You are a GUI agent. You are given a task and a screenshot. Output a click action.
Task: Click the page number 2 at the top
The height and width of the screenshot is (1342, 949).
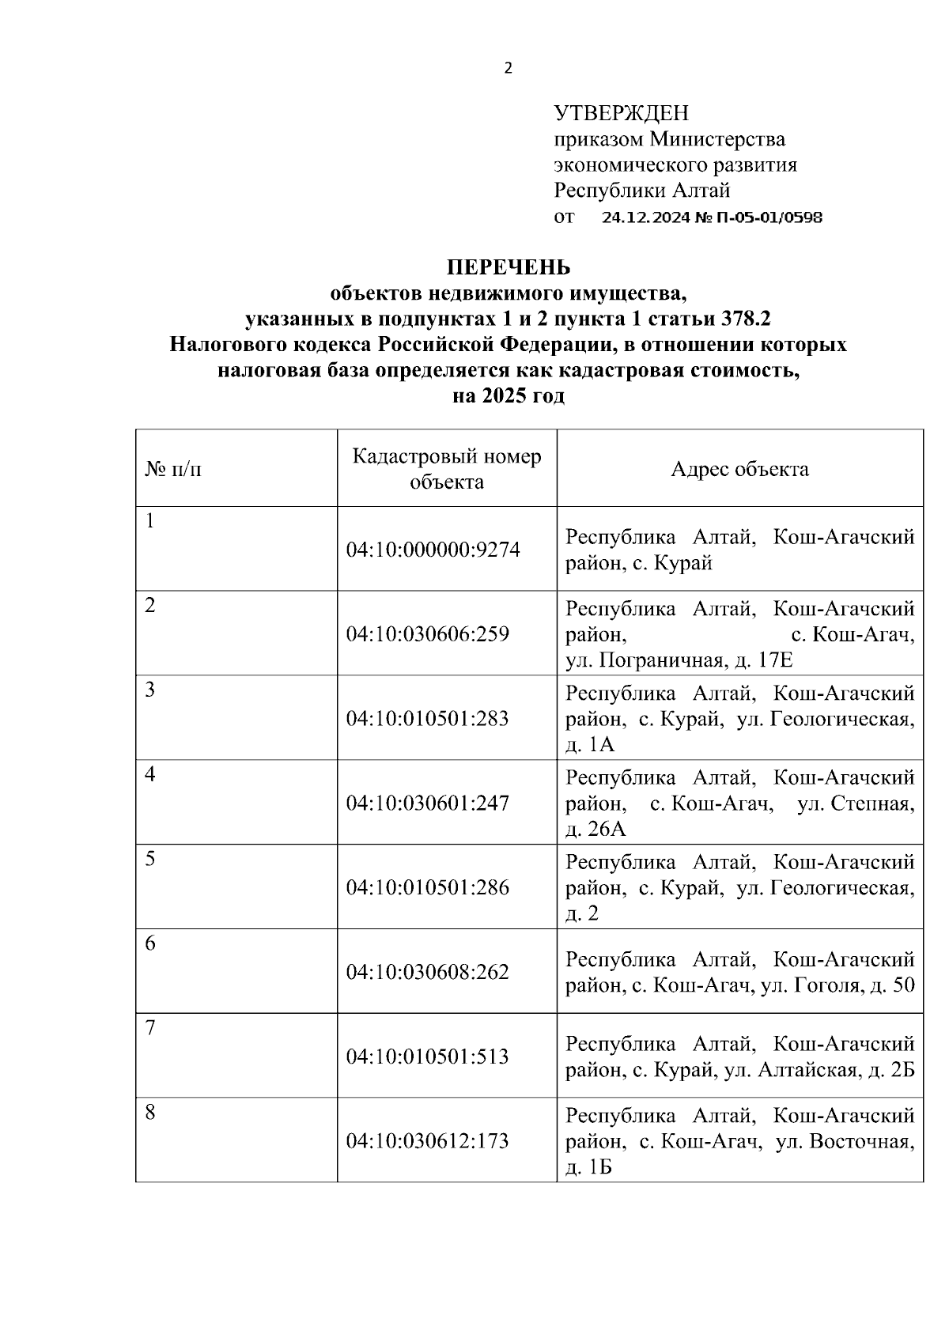point(508,68)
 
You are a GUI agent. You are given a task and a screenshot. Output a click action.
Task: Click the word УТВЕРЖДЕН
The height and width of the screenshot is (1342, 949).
point(621,113)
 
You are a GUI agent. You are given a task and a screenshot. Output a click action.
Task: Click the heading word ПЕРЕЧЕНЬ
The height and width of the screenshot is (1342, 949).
point(509,267)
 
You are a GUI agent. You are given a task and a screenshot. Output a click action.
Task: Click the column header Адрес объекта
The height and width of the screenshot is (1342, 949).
point(739,469)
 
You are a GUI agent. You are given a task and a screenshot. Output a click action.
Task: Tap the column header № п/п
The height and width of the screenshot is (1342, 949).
point(173,469)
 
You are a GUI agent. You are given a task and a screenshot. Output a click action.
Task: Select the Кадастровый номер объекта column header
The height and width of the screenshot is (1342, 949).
point(447,469)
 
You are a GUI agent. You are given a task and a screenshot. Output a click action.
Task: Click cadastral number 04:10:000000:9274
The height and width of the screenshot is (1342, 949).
point(433,549)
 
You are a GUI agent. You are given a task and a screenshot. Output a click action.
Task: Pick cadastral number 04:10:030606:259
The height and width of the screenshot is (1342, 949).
point(428,633)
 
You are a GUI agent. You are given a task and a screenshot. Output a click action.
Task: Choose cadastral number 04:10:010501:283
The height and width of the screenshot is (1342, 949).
point(428,718)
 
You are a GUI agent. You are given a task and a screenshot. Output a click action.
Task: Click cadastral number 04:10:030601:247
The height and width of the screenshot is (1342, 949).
point(428,803)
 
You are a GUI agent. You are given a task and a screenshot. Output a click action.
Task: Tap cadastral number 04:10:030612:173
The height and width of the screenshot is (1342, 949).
point(428,1140)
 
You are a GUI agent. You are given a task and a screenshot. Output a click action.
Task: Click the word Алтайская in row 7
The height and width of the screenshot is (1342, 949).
point(809,1070)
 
